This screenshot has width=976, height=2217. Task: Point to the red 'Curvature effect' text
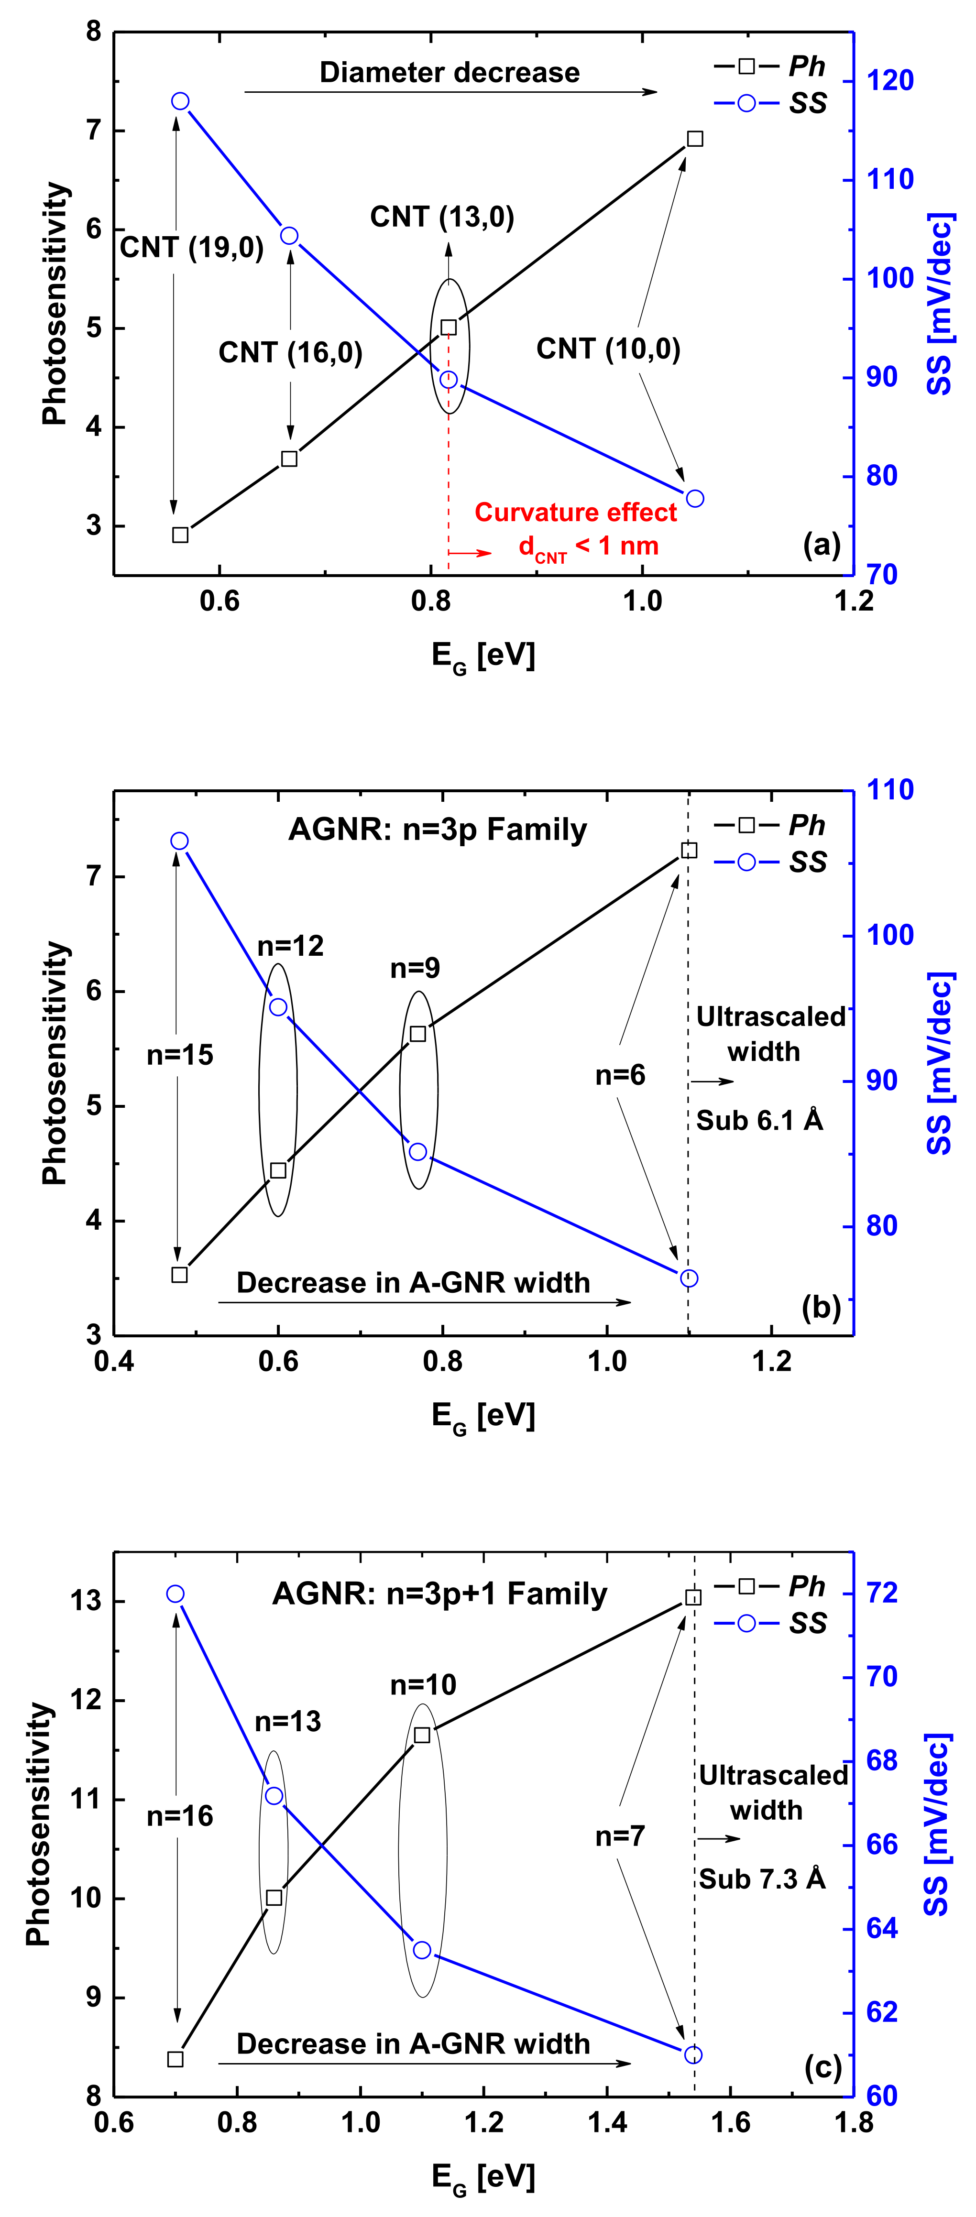pyautogui.click(x=576, y=513)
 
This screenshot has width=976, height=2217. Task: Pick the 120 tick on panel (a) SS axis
pyautogui.click(x=889, y=81)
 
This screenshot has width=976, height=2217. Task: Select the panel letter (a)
pyautogui.click(x=821, y=544)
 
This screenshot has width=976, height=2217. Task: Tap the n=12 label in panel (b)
pyautogui.click(x=290, y=946)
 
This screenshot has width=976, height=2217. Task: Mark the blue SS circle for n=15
pyautogui.click(x=179, y=841)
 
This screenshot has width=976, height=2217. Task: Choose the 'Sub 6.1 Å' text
pyautogui.click(x=759, y=1121)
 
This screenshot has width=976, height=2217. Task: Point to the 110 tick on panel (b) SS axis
pyautogui.click(x=889, y=790)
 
